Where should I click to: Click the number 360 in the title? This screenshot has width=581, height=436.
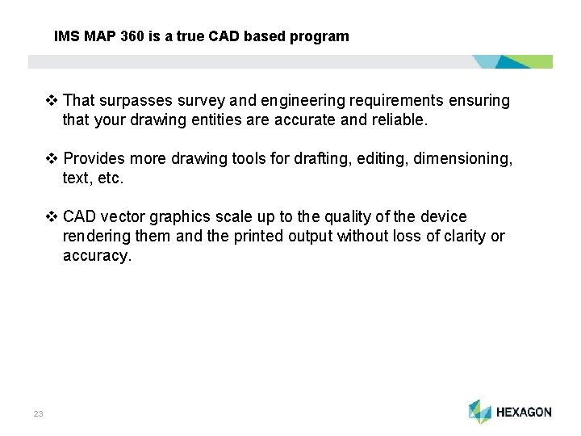click(x=133, y=36)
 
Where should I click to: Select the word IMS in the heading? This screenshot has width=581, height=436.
click(x=66, y=36)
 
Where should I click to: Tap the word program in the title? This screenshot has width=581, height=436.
click(x=323, y=36)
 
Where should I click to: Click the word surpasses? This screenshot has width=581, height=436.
click(x=132, y=101)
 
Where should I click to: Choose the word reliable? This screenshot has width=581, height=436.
click(x=398, y=120)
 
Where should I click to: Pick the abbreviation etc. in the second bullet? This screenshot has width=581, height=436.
click(x=110, y=178)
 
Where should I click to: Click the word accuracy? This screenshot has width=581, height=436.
click(x=96, y=256)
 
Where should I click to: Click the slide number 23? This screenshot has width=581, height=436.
click(x=38, y=413)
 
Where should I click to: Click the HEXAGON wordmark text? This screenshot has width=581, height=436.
click(x=524, y=412)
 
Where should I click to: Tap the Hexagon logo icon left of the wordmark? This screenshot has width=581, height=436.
click(x=480, y=411)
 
